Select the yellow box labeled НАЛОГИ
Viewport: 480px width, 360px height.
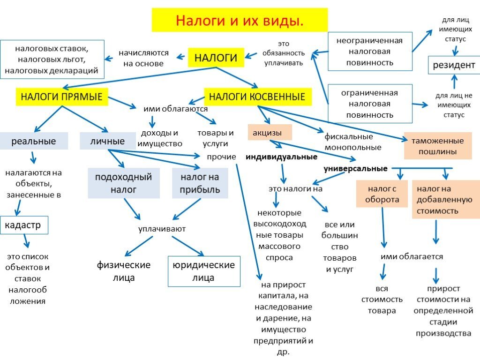[216, 58]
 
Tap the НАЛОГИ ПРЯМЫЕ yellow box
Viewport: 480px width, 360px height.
[61, 97]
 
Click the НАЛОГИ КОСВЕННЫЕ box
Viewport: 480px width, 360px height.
[257, 97]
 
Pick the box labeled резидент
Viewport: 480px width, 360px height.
[453, 65]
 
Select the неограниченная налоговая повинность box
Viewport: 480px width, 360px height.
[370, 51]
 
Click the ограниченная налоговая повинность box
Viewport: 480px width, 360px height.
[370, 104]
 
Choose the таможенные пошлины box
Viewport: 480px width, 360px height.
[437, 146]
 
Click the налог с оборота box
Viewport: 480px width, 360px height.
[382, 194]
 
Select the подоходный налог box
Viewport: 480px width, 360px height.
[124, 183]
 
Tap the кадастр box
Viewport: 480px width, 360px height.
[23, 225]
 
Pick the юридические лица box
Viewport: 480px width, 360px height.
[204, 271]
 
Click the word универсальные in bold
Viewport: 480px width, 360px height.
[355, 169]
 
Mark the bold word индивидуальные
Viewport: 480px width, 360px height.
[281, 157]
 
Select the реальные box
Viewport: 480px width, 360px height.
[34, 141]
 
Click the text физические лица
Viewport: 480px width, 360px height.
[124, 271]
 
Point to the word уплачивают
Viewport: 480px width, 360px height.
[162, 229]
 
